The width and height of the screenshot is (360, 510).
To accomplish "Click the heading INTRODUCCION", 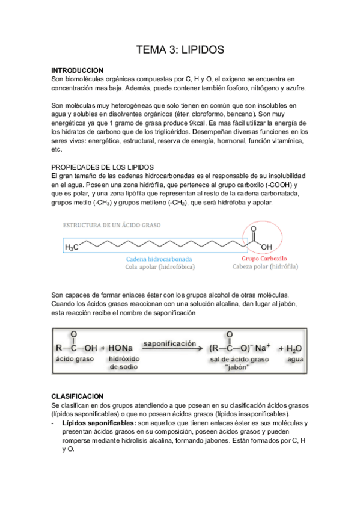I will click(x=78, y=70).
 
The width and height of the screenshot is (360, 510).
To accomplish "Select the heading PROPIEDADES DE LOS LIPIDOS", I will click(x=103, y=166).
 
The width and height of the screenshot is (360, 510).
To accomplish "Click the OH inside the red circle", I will click(x=266, y=247).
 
